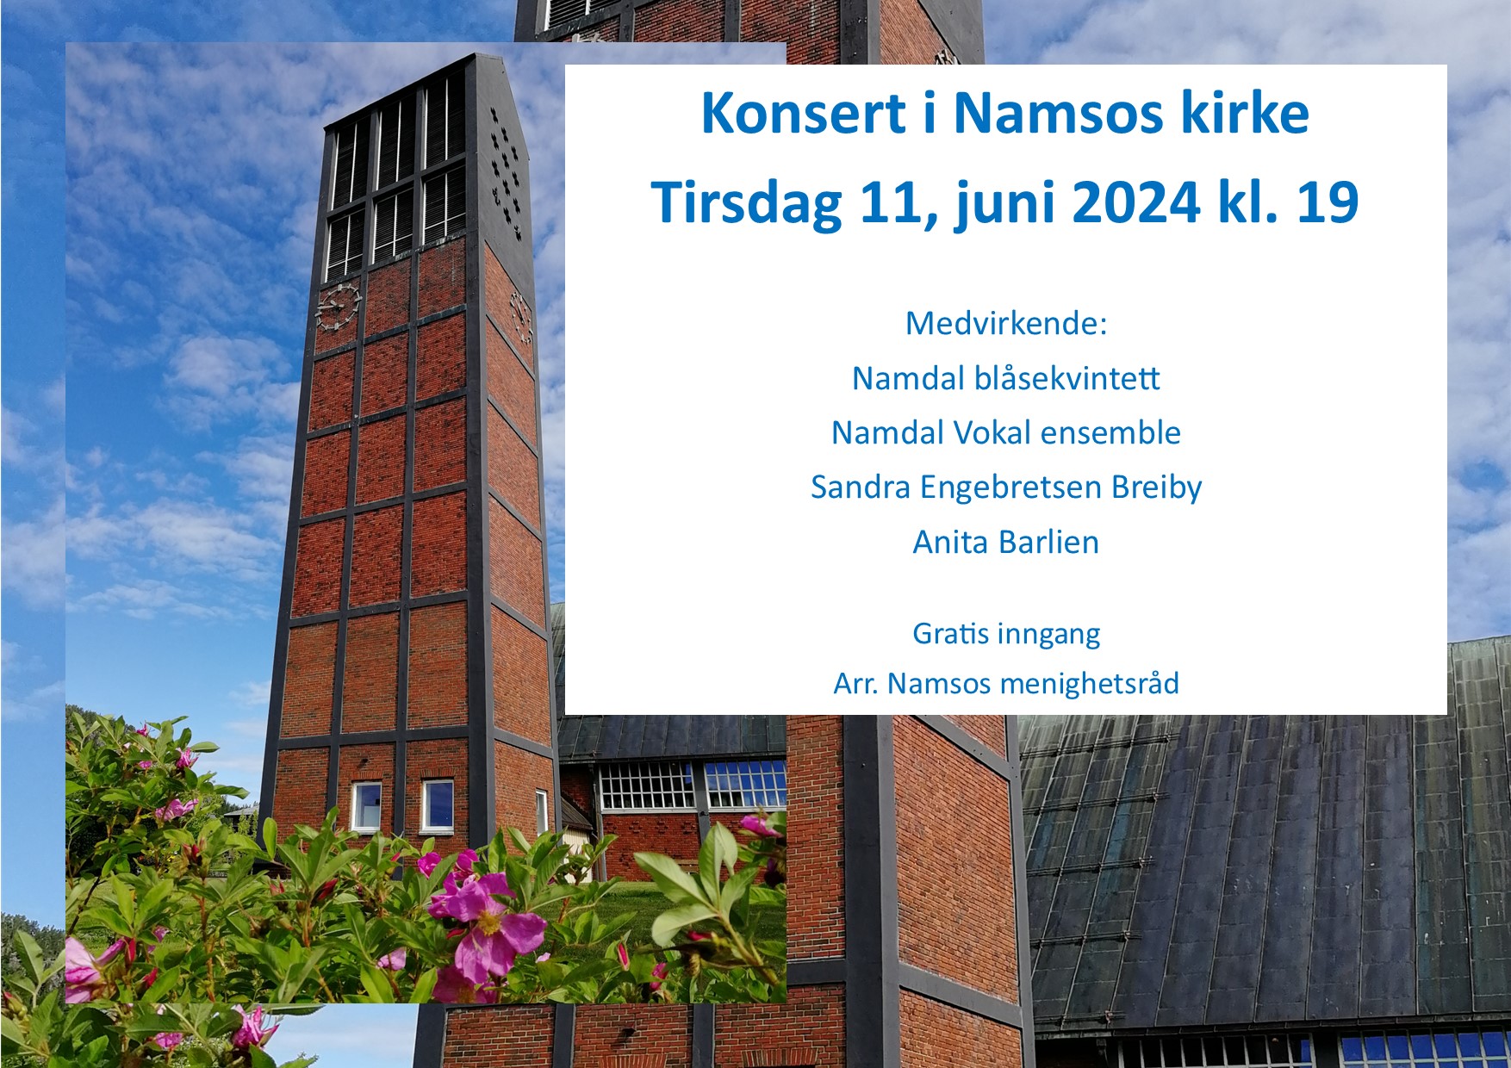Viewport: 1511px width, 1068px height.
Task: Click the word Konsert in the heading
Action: pyautogui.click(x=805, y=113)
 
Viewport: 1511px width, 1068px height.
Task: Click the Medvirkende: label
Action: pyautogui.click(x=1005, y=323)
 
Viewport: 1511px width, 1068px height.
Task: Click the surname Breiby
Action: pyautogui.click(x=1156, y=488)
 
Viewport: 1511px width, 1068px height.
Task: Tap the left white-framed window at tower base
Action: pyautogui.click(x=366, y=806)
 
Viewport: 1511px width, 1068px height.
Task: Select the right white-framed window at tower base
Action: pyautogui.click(x=437, y=805)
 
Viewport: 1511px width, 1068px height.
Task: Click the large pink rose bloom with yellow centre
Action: pyautogui.click(x=488, y=919)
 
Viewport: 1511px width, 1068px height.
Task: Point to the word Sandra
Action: pyautogui.click(x=861, y=487)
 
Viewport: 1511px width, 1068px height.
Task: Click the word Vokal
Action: pyautogui.click(x=981, y=432)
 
